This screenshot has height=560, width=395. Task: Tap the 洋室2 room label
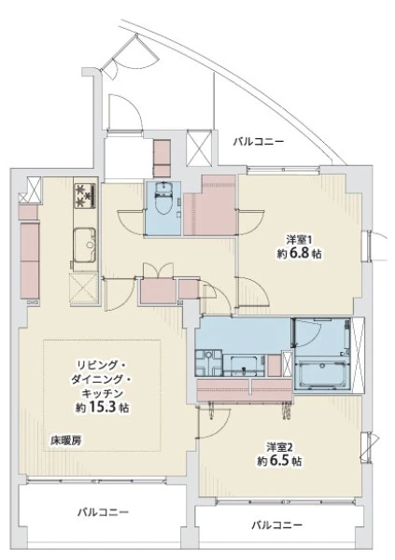pos(280,447)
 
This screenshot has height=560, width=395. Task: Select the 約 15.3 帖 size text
pos(102,407)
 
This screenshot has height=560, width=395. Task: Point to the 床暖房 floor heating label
pos(65,441)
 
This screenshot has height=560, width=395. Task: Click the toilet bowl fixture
pos(164,200)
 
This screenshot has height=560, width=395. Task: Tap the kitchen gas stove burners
pos(85,195)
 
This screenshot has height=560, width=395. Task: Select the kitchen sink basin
pos(85,245)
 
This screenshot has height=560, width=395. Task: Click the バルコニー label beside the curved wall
pos(259,142)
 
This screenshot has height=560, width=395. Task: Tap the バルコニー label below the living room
pos(104,512)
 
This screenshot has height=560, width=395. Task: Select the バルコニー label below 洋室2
pos(277,525)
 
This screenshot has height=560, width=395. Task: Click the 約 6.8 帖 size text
pos(299,254)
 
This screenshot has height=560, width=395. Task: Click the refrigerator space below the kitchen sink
pos(84,289)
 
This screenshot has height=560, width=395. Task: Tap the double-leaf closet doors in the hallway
pos(158,270)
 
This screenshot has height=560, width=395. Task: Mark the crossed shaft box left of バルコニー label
pos(199,147)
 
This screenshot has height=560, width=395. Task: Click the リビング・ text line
pos(102,365)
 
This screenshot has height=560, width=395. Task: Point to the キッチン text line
pos(102,393)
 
